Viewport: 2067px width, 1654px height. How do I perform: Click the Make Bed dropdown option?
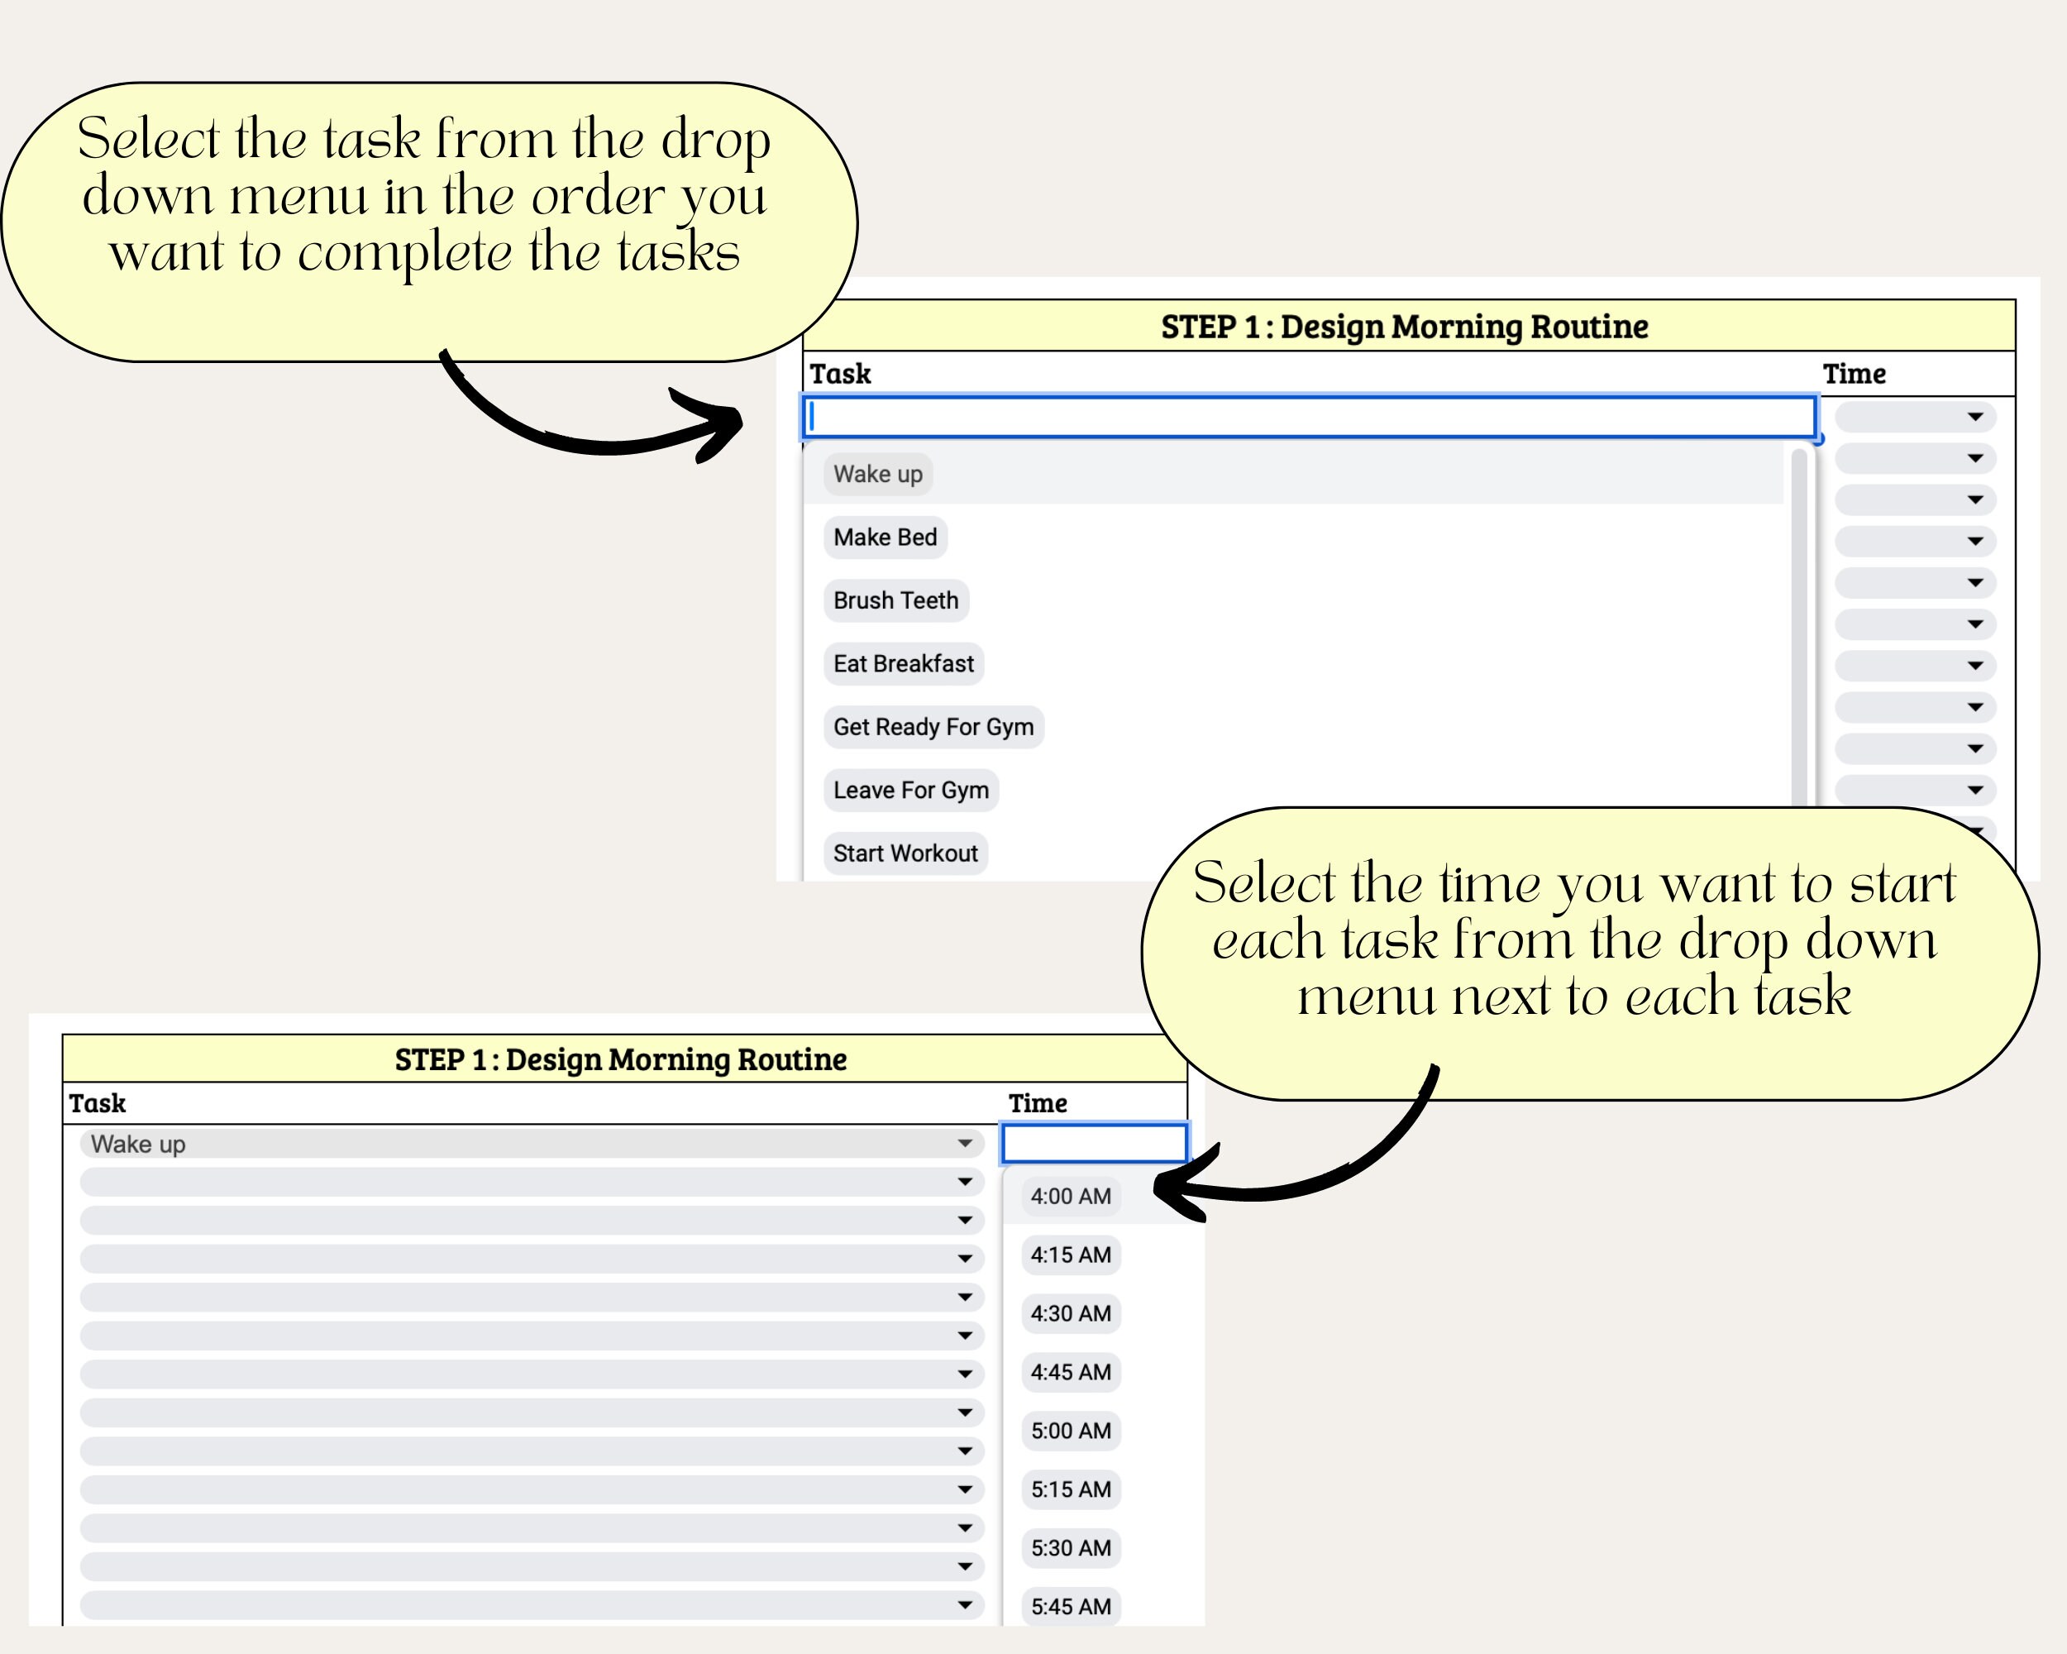point(885,537)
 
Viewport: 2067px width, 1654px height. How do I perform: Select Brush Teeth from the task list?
point(895,600)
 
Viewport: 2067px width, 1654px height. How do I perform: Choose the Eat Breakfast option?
point(903,663)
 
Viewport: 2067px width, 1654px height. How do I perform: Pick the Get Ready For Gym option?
point(933,727)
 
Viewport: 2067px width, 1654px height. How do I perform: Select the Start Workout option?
point(905,853)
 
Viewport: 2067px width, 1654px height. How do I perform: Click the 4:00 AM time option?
point(1071,1197)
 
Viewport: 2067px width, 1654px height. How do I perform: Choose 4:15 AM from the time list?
point(1071,1255)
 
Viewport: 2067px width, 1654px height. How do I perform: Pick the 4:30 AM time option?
point(1071,1313)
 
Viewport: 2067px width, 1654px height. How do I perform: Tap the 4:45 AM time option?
point(1071,1372)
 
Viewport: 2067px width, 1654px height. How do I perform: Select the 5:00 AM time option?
point(1071,1431)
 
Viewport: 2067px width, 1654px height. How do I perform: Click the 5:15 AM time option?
point(1071,1489)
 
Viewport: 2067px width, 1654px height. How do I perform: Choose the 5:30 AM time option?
point(1071,1547)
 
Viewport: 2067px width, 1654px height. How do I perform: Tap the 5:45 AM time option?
point(1071,1606)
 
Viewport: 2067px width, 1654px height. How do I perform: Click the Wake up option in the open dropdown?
point(877,474)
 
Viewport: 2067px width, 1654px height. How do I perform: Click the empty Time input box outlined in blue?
point(1094,1143)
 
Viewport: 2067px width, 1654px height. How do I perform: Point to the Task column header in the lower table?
point(97,1103)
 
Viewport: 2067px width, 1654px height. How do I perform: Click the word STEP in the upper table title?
point(1197,327)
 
